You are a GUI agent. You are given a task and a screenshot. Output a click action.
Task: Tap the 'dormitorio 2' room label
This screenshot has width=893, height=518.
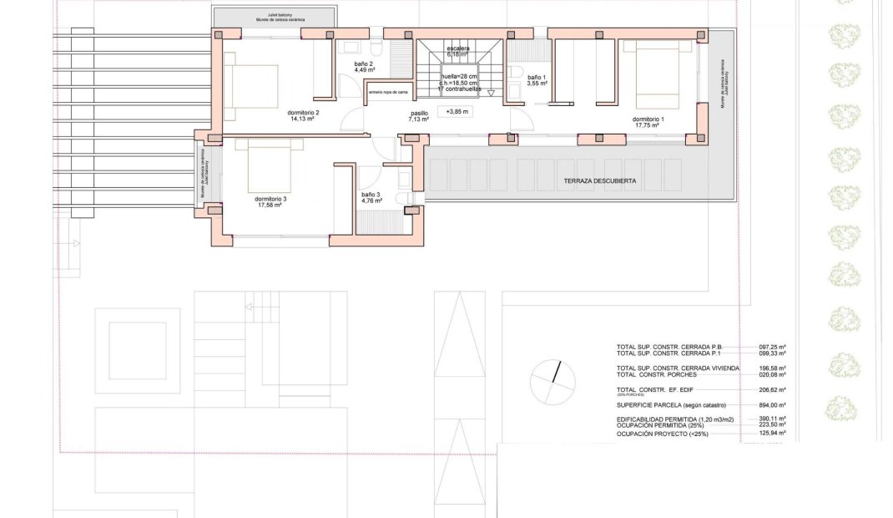pos(304,112)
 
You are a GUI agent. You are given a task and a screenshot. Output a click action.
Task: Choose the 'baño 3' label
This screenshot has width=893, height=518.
pos(371,195)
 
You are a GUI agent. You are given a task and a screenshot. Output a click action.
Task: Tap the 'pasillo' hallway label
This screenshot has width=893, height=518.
pos(418,114)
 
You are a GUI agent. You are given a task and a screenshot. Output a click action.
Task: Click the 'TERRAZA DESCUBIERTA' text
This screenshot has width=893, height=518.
pos(600,180)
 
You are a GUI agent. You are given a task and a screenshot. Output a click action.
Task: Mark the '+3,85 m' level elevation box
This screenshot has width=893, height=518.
pos(457,111)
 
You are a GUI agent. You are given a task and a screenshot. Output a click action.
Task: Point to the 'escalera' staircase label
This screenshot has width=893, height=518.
pos(458,48)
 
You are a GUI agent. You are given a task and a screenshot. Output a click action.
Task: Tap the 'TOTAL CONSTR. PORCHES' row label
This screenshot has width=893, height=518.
pos(657,374)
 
